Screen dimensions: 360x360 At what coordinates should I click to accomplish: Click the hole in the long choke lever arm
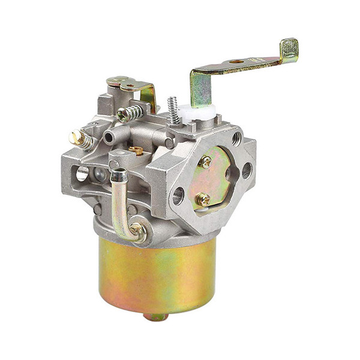pyautogui.click(x=236, y=62)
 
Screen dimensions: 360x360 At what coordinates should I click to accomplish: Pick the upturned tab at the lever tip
pyautogui.click(x=289, y=50)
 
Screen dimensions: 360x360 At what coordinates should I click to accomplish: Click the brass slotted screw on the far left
pyautogui.click(x=78, y=138)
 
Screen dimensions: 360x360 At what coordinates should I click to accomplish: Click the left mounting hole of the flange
pyautogui.click(x=178, y=196)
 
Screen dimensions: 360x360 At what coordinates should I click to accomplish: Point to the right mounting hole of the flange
pyautogui.click(x=247, y=171)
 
